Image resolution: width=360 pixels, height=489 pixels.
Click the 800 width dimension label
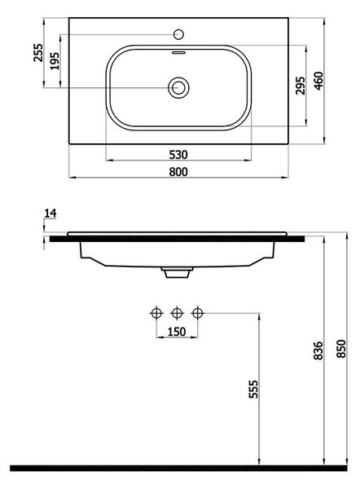point(178,171)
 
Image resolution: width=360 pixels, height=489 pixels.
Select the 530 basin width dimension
point(178,155)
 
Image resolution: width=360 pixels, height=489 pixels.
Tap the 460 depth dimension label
point(318,81)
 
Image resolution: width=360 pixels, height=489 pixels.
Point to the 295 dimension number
point(301,85)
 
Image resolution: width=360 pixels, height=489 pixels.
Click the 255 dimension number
point(38,53)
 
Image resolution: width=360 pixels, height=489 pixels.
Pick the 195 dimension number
point(55,61)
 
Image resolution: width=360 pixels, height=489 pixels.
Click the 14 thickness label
point(50,214)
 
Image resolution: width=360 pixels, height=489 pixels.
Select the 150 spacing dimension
point(177,332)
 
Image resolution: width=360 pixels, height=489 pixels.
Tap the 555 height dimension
point(254,389)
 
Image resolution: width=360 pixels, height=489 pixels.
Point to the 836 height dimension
point(318,350)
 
